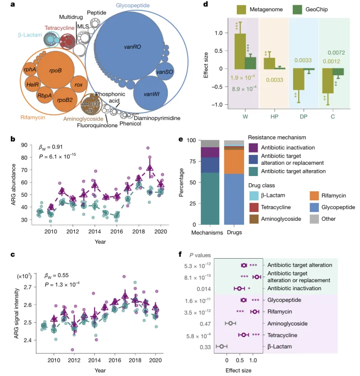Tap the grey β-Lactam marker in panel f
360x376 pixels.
tap(221, 347)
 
